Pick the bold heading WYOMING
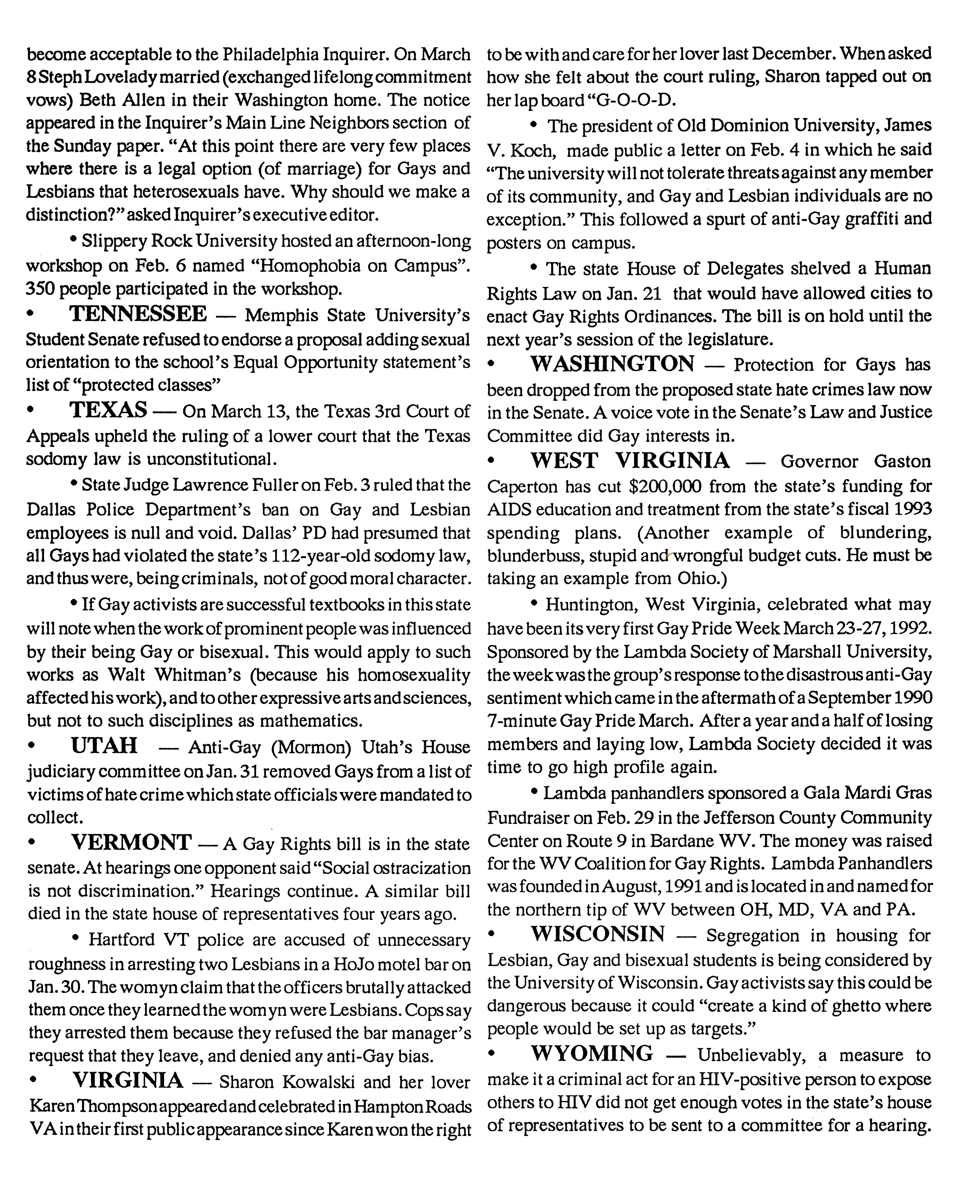pyautogui.click(x=592, y=1053)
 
